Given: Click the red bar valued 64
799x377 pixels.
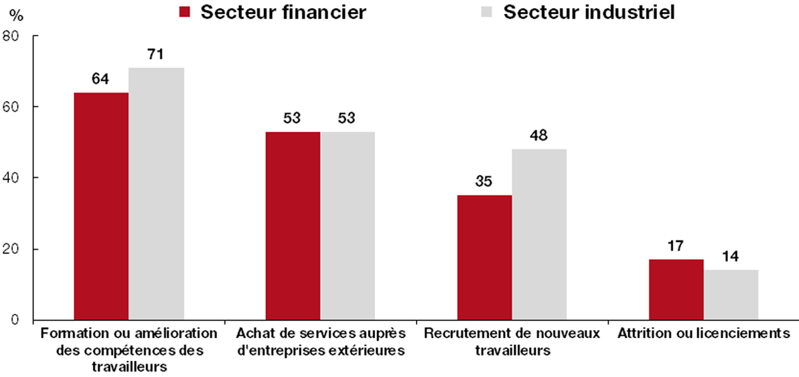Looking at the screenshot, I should click(101, 207).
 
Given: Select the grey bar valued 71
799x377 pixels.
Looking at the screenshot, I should click(156, 194).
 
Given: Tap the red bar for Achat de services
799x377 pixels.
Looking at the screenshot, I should click(293, 226).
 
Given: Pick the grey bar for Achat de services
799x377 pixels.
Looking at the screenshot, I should click(348, 226).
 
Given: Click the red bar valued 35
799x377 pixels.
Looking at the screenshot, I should click(484, 258).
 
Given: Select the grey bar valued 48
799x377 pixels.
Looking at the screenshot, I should click(539, 235).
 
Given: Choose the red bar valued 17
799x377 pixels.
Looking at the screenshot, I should click(676, 290).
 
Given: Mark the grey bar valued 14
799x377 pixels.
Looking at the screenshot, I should click(731, 295).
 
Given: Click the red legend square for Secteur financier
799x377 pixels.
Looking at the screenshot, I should click(185, 12).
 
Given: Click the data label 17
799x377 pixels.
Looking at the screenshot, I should click(676, 246).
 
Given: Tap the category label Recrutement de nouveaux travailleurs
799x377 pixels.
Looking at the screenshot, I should click(512, 342).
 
